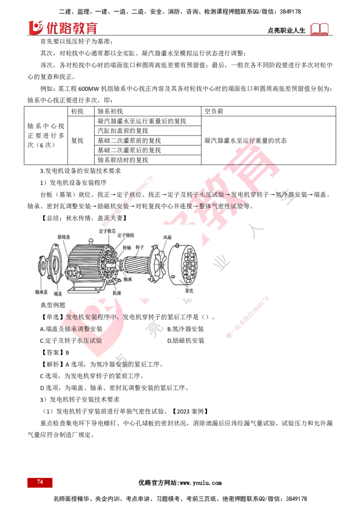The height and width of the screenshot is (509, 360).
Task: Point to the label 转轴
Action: [127, 247]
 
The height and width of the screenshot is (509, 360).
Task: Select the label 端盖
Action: [57, 293]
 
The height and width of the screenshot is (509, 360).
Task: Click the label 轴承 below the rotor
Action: [128, 279]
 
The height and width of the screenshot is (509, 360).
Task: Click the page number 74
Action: [40, 482]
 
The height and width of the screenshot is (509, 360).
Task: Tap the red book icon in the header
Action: [320, 29]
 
